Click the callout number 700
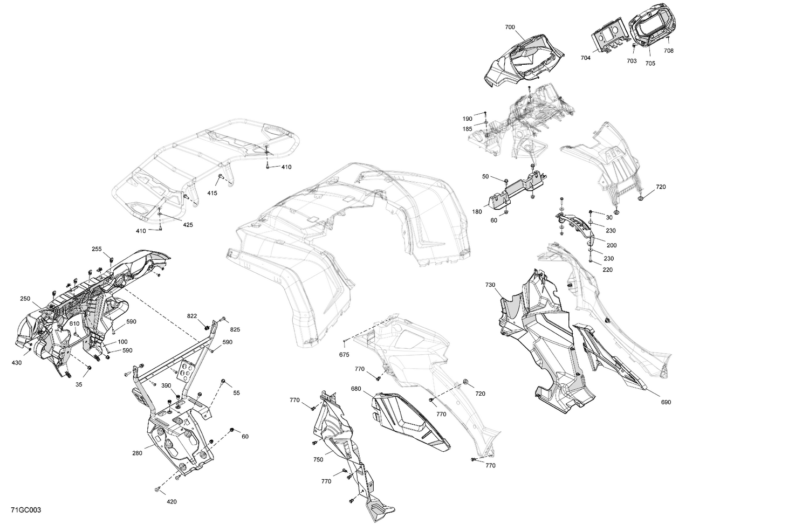tap(510, 27)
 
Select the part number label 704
tap(585, 58)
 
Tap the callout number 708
tap(668, 51)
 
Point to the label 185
tap(467, 129)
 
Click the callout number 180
tap(477, 212)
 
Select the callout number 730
tap(490, 285)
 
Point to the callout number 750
tap(318, 459)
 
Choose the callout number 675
tap(344, 354)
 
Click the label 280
tap(137, 453)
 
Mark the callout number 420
tap(172, 502)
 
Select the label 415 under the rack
tap(212, 193)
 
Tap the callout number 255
tap(97, 249)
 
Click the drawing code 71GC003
tap(25, 510)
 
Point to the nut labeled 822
tap(207, 327)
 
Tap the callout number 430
tap(16, 363)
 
